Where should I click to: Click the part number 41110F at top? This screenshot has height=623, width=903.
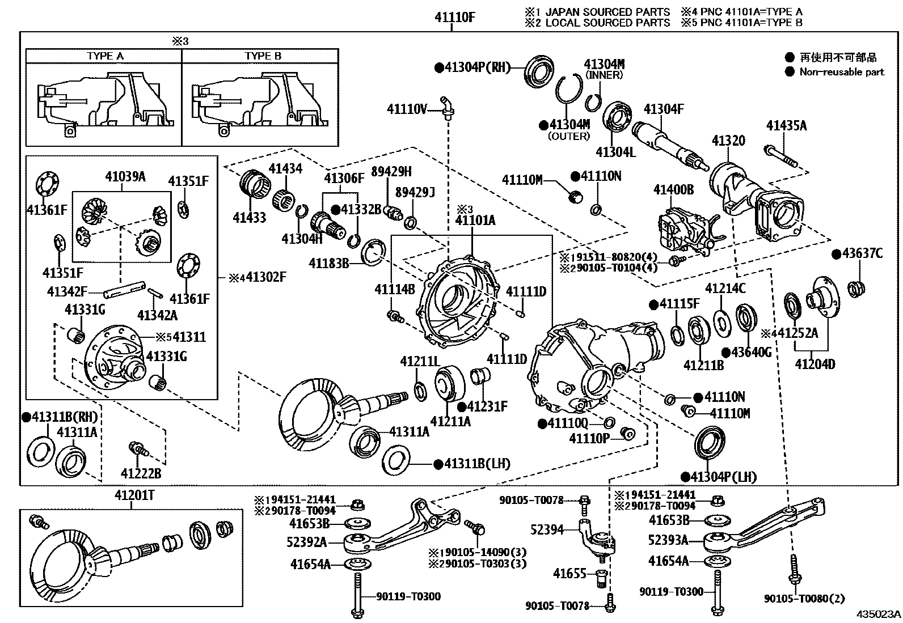click(454, 18)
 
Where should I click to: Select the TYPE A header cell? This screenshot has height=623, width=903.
click(104, 56)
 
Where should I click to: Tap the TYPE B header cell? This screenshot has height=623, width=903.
click(263, 56)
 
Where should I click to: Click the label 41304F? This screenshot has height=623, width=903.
click(663, 109)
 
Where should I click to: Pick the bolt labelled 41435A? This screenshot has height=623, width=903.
click(782, 157)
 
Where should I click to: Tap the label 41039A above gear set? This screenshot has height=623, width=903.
click(125, 176)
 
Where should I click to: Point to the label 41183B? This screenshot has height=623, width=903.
click(328, 263)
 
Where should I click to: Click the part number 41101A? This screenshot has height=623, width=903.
click(475, 220)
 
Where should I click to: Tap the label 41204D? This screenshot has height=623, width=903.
click(815, 364)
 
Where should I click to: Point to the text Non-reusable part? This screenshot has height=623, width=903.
click(841, 72)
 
